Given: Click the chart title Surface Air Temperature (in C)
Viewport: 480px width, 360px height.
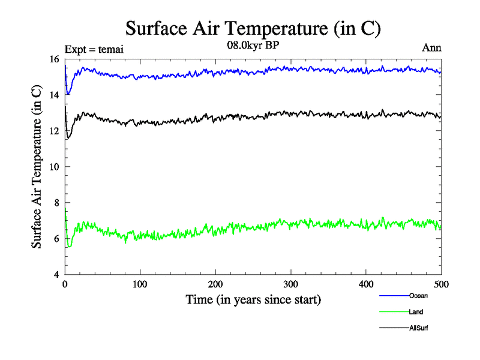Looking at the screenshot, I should (x=253, y=28).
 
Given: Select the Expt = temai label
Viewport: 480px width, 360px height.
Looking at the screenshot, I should (x=94, y=49).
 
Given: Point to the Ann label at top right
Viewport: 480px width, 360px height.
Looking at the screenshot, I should (x=432, y=48).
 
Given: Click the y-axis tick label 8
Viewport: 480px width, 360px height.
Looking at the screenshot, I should (x=57, y=203).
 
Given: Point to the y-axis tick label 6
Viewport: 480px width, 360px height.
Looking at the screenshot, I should (x=57, y=239).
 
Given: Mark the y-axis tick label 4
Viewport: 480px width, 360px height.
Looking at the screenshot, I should (x=57, y=275).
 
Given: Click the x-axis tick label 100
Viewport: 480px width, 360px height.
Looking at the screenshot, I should (x=140, y=284).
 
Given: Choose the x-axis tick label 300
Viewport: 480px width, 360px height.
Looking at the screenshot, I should (x=290, y=284).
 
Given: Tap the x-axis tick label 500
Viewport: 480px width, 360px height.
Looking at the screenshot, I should (x=441, y=284).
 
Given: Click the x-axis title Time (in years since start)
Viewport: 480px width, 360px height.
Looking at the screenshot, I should (x=253, y=299).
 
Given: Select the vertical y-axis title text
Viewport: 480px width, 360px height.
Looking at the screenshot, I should (x=37, y=167).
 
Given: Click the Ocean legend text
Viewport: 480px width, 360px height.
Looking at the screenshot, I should (x=418, y=296).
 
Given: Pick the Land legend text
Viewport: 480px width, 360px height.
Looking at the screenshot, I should (x=416, y=312).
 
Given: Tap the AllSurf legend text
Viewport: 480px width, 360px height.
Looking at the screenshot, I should (x=419, y=328).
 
